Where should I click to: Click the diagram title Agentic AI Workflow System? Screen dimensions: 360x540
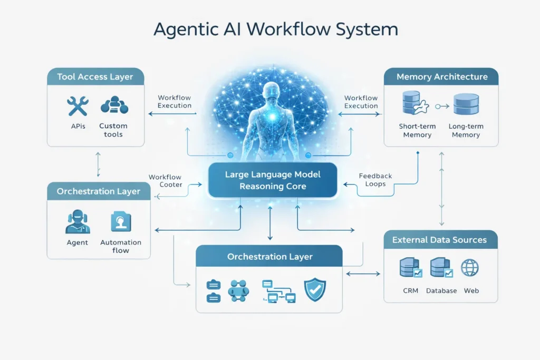(269, 29)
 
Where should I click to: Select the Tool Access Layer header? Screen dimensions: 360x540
(95, 77)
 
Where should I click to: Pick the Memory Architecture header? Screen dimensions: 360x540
(442, 77)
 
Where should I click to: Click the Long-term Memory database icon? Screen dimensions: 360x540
(466, 104)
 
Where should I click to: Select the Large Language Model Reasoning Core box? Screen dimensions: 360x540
(273, 180)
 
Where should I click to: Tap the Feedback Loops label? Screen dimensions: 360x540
(375, 180)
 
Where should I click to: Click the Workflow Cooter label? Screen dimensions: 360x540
(165, 181)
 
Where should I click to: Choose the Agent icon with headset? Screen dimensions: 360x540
(78, 221)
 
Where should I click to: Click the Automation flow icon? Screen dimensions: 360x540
(121, 221)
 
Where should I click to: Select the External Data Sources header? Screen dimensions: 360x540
(439, 240)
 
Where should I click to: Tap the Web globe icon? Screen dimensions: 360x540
(470, 268)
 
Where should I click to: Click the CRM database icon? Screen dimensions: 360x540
(410, 268)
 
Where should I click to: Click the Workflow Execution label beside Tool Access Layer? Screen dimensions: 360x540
(175, 102)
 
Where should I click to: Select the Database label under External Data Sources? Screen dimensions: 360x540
(441, 290)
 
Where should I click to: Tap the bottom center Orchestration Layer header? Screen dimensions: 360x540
(269, 257)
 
